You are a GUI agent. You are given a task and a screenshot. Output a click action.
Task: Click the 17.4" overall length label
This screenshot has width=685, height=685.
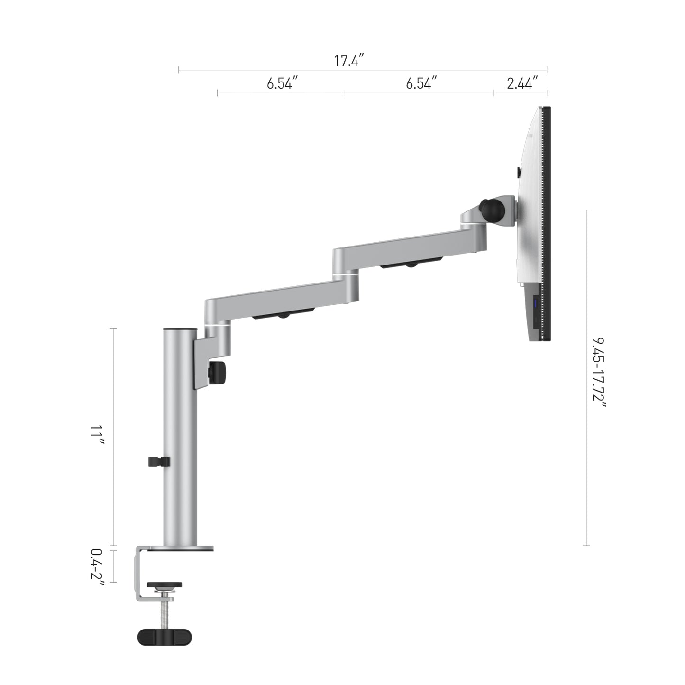(x=348, y=61)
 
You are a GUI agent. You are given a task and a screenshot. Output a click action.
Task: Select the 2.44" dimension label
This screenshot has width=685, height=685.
(x=522, y=83)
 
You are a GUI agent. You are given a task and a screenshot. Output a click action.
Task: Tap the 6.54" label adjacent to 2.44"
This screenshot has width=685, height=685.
(x=420, y=83)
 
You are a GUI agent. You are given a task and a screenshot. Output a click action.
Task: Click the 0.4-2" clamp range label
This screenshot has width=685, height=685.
(x=97, y=564)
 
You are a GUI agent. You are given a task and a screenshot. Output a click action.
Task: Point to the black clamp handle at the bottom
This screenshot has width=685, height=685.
(x=164, y=637)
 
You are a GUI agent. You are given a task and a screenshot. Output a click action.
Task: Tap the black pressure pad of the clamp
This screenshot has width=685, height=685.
(x=164, y=585)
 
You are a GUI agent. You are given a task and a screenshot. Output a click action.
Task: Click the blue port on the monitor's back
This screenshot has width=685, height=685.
(x=536, y=304)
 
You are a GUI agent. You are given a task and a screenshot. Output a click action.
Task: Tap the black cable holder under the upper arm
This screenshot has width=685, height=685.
(x=411, y=263)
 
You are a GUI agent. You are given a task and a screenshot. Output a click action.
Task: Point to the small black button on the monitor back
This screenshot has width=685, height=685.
(x=518, y=172)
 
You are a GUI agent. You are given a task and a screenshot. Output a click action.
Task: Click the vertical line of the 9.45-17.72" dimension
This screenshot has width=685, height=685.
(x=587, y=377)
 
